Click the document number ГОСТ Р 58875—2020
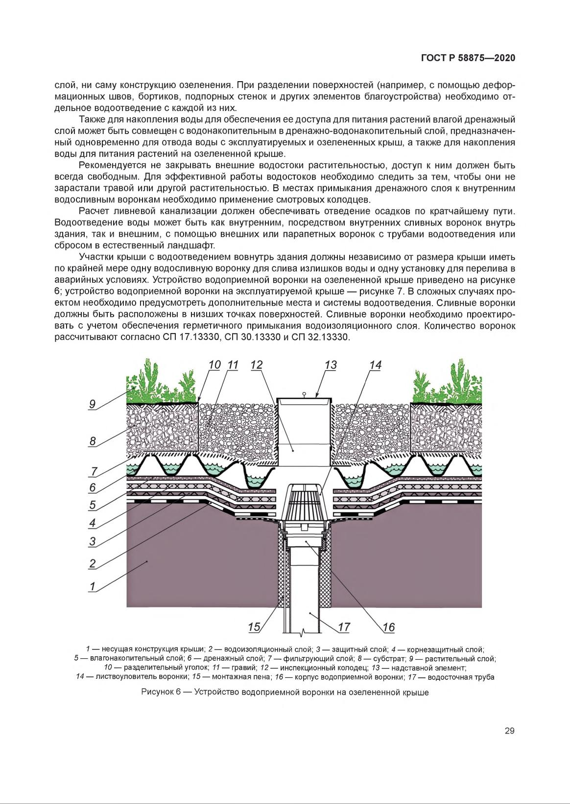(x=468, y=58)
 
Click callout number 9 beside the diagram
(x=93, y=404)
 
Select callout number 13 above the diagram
(x=331, y=365)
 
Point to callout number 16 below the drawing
(x=388, y=627)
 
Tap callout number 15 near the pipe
(x=254, y=627)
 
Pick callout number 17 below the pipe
(x=344, y=627)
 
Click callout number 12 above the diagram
(x=256, y=365)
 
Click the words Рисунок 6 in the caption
(x=161, y=692)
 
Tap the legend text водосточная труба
(x=461, y=677)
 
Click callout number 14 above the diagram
(x=375, y=365)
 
